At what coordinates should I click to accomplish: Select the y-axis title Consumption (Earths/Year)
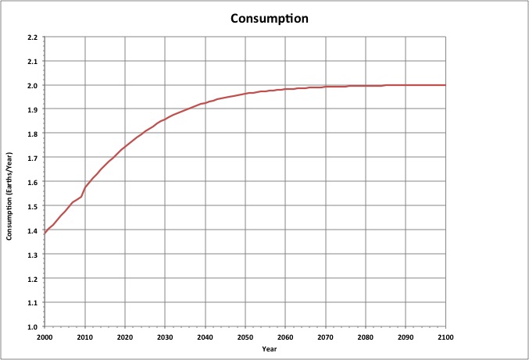pos(10,181)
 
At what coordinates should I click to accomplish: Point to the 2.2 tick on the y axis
pos(31,37)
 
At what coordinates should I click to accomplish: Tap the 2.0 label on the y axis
pos(31,85)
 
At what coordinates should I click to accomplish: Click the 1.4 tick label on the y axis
pos(31,230)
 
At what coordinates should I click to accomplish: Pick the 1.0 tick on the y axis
pos(31,326)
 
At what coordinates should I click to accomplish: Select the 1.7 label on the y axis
pos(31,158)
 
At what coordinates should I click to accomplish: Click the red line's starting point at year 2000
pos(45,233)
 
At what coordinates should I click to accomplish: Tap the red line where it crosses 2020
pos(124,146)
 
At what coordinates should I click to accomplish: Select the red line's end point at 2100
pos(445,85)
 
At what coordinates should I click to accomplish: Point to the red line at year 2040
pos(205,103)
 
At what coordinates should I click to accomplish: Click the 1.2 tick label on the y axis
pos(31,278)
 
